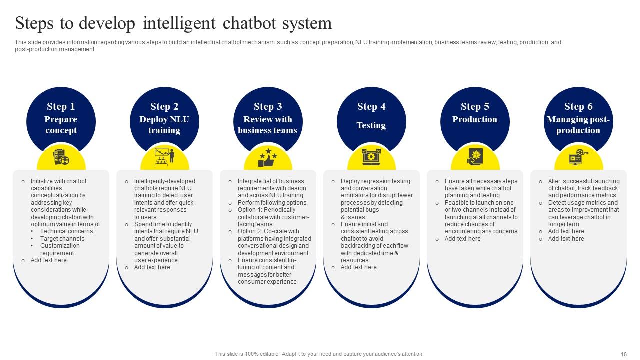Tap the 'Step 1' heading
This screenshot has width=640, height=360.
coord(61,106)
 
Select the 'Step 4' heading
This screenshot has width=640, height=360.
coord(371,106)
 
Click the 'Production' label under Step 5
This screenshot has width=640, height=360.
coord(475,119)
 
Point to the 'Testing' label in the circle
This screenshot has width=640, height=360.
coord(371,125)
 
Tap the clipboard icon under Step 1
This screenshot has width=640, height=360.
coord(61,157)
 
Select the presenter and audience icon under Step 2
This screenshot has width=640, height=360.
coord(164,157)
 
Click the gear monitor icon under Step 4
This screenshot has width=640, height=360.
coord(371,157)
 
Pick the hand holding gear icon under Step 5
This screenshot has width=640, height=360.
coord(475,157)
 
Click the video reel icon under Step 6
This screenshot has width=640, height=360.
coord(578,157)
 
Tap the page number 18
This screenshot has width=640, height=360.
coord(624,354)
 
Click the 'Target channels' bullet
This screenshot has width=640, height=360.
coord(62,239)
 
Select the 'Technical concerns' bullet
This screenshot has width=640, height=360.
coord(66,231)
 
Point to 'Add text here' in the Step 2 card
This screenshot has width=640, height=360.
coord(152,267)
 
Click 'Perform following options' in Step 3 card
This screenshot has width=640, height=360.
coord(272,203)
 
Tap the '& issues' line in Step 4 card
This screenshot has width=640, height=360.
coord(353,217)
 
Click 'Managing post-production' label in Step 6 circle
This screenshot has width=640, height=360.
coord(578,125)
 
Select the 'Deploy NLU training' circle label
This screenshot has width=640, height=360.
coord(164,125)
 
